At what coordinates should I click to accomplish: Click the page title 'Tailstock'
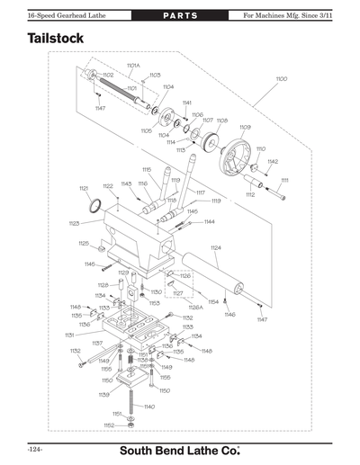click(56, 40)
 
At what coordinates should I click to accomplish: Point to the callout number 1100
click(282, 80)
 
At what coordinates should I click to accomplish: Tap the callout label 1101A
click(132, 66)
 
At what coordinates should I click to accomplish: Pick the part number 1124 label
click(215, 247)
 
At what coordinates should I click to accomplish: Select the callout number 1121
click(84, 188)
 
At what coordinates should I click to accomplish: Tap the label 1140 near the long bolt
click(149, 407)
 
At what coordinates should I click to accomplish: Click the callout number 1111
click(285, 180)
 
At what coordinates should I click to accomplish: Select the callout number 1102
click(108, 75)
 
